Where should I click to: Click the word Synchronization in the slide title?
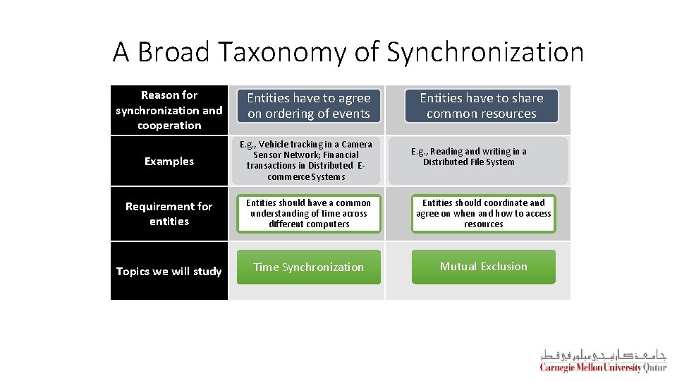pyautogui.click(x=485, y=53)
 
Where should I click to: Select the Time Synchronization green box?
pyautogui.click(x=308, y=267)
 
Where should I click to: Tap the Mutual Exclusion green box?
pyautogui.click(x=483, y=267)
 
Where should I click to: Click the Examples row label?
pyautogui.click(x=169, y=162)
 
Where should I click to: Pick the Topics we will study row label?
pyautogui.click(x=169, y=272)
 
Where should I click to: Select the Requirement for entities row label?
pyautogui.click(x=169, y=214)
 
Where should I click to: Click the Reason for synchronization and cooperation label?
pyautogui.click(x=169, y=110)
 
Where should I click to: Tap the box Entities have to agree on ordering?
pyautogui.click(x=308, y=106)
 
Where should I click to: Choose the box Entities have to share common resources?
pyautogui.click(x=482, y=106)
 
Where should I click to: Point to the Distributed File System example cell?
pyautogui.click(x=469, y=157)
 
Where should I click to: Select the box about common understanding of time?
pyautogui.click(x=308, y=214)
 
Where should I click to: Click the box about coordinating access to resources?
pyautogui.click(x=483, y=214)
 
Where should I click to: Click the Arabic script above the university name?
pyautogui.click(x=603, y=354)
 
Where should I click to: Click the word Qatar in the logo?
pyautogui.click(x=654, y=367)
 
